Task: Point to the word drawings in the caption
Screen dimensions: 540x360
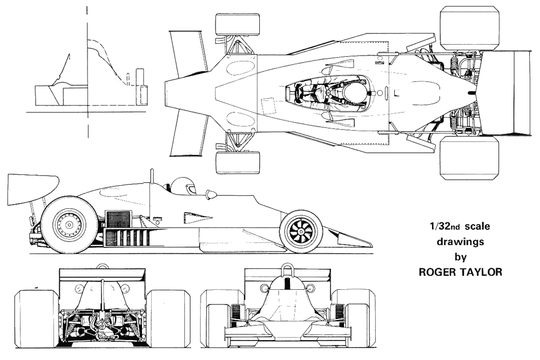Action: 460,242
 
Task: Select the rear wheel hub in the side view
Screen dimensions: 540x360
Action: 70,225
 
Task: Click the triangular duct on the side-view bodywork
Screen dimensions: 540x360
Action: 197,217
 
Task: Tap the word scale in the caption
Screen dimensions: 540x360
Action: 477,227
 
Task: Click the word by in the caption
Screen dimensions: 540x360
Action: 461,257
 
